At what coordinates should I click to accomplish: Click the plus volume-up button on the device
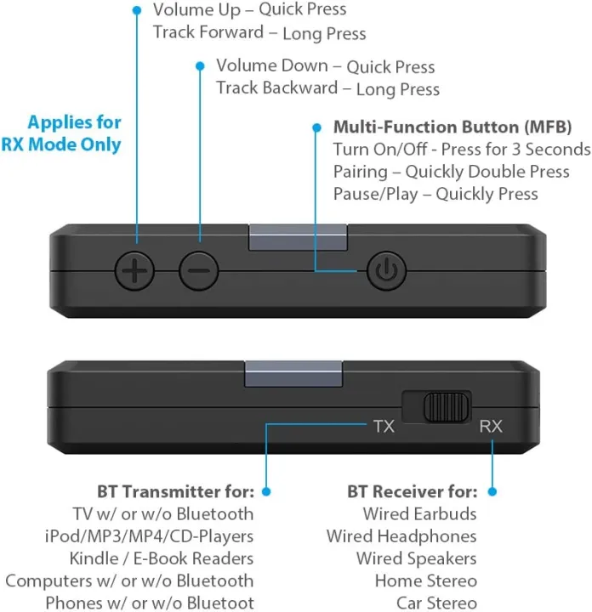point(136,271)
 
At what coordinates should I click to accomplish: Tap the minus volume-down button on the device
point(199,271)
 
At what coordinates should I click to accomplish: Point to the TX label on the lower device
point(383,426)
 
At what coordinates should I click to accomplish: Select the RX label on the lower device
point(491,426)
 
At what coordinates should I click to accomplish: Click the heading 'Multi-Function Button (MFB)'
point(452,127)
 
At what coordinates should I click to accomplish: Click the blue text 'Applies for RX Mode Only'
point(74,133)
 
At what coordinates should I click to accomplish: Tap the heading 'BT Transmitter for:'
point(175,491)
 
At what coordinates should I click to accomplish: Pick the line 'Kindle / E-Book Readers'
point(162,558)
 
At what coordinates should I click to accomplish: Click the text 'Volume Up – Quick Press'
point(249,10)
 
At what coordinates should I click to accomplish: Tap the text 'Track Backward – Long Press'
point(327,88)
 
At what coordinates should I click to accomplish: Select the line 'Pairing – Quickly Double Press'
point(451,172)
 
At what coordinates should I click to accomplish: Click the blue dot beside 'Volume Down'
point(200,65)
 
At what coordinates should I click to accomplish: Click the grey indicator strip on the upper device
point(298,237)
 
